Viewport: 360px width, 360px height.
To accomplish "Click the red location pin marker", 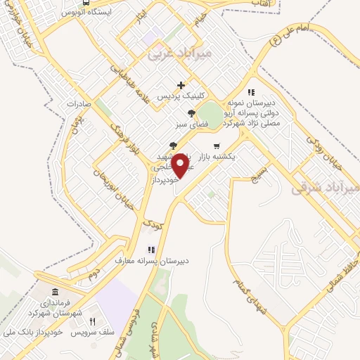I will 180,165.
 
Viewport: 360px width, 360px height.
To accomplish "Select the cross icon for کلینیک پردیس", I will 181,85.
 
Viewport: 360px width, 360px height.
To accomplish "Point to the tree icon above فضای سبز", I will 191,114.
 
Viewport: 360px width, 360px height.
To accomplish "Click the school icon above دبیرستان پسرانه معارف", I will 150,249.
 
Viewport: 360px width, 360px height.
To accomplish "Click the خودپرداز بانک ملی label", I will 39,331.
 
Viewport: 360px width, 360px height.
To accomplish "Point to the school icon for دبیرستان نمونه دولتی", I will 250,92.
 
